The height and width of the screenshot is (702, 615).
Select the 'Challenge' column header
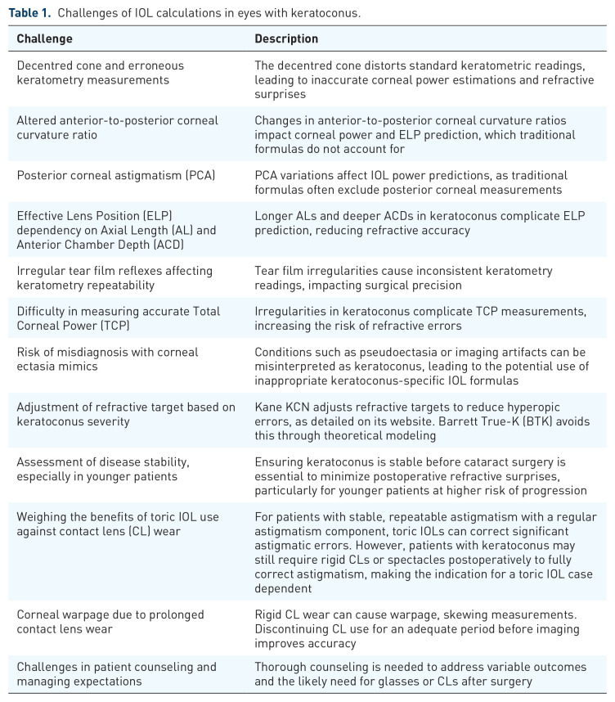[x=44, y=38]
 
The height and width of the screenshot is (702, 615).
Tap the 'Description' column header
[x=286, y=38]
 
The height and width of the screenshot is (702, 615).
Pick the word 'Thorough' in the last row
[x=281, y=667]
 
